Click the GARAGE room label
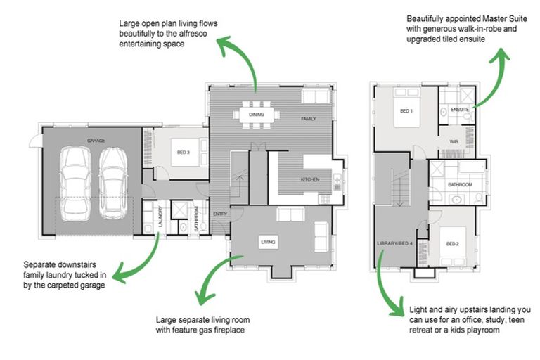(x=96, y=141)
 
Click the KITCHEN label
(x=310, y=179)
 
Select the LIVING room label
(x=268, y=243)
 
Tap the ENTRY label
(x=219, y=214)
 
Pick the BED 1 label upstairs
(x=406, y=111)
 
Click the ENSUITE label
(x=460, y=110)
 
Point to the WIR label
(x=454, y=141)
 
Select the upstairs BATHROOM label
(x=461, y=184)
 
